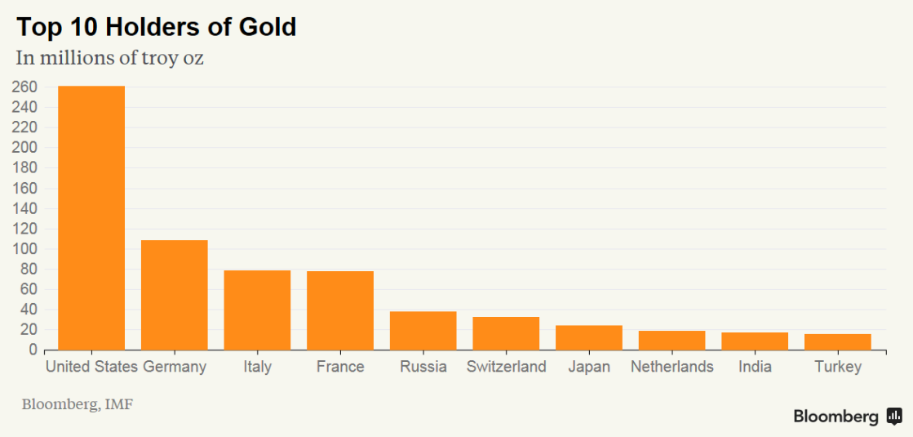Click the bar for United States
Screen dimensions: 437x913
coord(91,218)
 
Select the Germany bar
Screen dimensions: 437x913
coord(175,295)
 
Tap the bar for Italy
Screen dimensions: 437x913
coord(257,310)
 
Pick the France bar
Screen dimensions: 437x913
coord(340,310)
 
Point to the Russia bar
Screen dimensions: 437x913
coord(423,331)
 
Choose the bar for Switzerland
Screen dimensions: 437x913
coord(506,333)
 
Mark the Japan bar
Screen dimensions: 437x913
coord(588,338)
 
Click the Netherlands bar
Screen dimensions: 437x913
coord(671,341)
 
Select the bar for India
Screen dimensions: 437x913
coord(755,341)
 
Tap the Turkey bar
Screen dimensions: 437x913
coord(837,342)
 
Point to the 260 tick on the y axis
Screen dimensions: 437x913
coord(24,87)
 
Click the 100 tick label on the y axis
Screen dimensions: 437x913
coord(24,249)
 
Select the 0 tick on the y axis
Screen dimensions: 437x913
coord(33,350)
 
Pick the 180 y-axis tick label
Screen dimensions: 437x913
coord(24,168)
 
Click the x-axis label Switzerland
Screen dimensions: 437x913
coord(506,367)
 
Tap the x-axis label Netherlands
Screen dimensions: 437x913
coord(671,367)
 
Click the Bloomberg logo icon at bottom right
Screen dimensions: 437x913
coord(894,417)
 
